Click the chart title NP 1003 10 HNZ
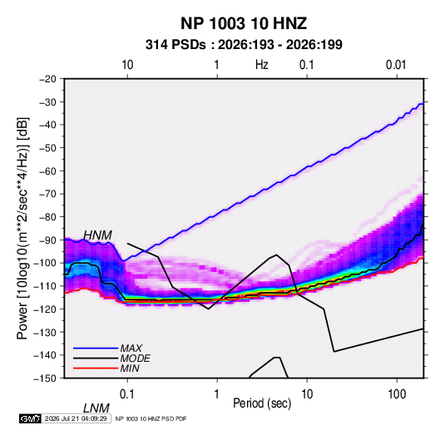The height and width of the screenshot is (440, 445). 244,23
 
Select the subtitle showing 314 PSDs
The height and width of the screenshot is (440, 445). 244,45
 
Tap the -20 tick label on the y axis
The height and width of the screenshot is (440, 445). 47,79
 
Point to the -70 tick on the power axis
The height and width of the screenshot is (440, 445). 47,194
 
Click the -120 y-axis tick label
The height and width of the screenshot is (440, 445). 45,309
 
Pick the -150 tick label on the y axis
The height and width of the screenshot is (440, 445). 45,378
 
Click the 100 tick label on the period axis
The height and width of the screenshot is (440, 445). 397,394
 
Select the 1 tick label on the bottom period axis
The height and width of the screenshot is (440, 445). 217,394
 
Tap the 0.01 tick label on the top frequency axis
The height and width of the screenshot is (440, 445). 396,65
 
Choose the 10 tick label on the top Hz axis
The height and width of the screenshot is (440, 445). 127,65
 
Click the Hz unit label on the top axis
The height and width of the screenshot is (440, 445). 262,65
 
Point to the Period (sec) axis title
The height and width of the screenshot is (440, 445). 262,403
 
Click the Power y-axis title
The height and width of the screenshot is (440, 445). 23,228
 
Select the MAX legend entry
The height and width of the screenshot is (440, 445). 131,349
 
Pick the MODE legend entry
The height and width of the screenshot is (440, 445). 135,358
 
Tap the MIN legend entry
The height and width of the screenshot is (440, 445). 130,368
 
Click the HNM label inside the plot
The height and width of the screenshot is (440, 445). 97,235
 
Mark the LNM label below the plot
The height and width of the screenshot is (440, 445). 96,408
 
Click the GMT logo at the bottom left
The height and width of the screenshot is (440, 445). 31,418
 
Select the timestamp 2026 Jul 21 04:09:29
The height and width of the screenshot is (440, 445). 76,418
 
